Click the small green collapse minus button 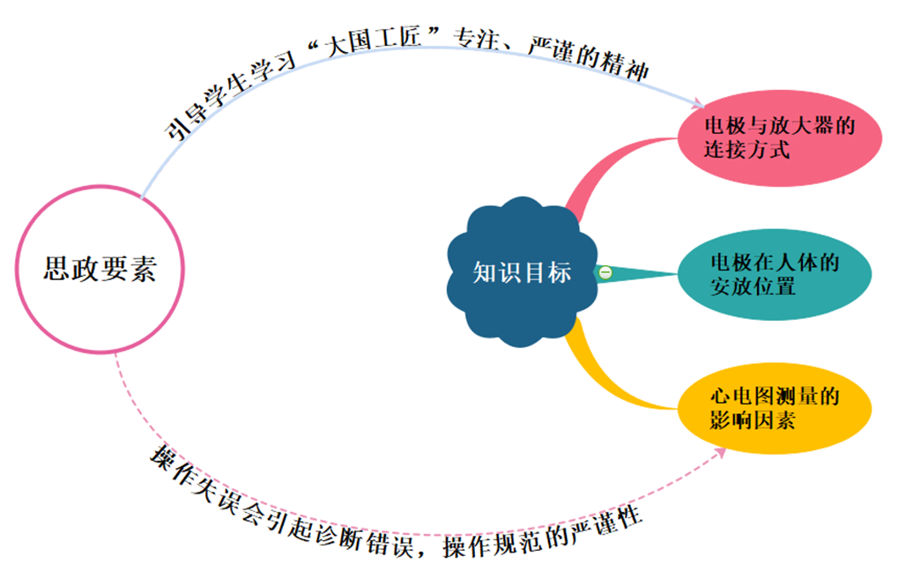(x=605, y=272)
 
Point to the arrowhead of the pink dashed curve (x=721, y=451)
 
